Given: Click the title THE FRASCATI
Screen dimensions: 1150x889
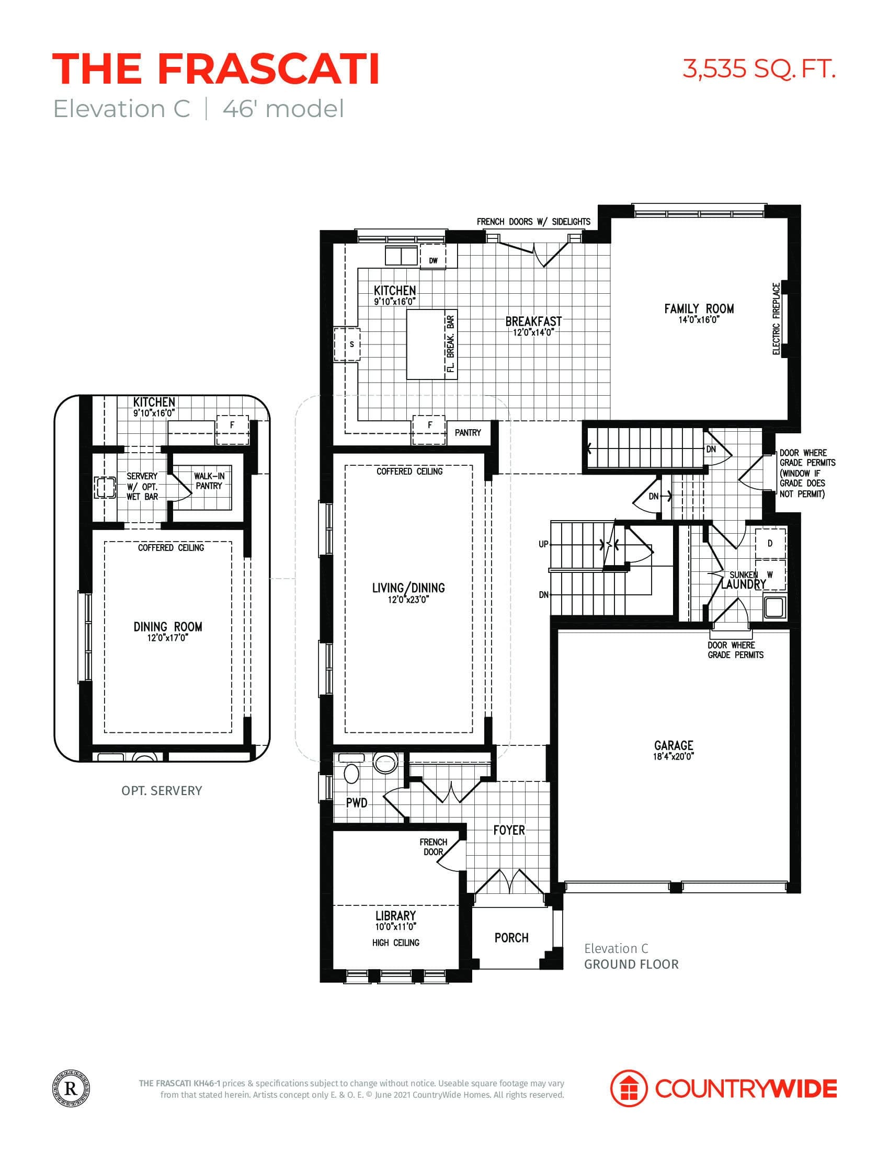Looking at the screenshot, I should [216, 70].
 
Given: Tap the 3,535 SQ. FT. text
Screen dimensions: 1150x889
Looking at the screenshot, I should [759, 69].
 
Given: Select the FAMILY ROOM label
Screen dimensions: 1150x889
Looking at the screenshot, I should [699, 309].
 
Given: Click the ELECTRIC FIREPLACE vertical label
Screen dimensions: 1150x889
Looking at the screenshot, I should [776, 318].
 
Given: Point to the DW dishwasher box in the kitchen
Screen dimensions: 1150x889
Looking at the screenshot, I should [433, 260].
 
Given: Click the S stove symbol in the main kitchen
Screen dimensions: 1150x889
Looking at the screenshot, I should [351, 345].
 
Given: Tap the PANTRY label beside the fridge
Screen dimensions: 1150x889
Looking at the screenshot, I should [468, 433].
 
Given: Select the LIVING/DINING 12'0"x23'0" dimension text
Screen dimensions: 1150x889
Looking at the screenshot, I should [408, 599].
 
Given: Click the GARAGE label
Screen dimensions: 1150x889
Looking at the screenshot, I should [674, 745].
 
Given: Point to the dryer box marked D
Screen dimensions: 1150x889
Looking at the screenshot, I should [770, 544].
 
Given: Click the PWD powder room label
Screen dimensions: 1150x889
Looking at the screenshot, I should [357, 803].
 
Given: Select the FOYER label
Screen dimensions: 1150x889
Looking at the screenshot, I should [509, 831].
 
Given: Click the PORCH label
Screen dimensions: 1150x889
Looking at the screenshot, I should [511, 938].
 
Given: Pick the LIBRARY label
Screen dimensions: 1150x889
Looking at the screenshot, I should [395, 916].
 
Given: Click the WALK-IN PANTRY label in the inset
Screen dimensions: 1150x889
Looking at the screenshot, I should [209, 481].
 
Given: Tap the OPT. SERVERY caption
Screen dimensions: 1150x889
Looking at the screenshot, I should [162, 791].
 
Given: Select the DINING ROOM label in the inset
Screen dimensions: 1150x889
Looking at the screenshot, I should [167, 627].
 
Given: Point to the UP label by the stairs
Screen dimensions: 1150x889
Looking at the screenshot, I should [543, 544].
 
